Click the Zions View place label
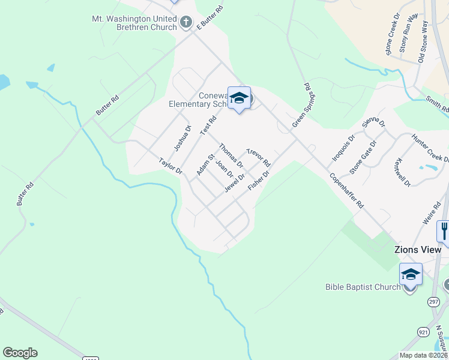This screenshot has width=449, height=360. pos(417,250)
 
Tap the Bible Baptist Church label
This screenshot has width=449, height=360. pos(363,287)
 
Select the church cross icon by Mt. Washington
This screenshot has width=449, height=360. pos(186,23)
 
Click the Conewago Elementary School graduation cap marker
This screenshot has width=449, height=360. pos(239,98)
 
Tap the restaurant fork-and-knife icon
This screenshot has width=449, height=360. pos(444,230)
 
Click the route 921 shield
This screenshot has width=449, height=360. pos(423,332)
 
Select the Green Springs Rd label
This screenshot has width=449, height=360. pos(302,105)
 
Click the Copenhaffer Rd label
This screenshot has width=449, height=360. pos(346,190)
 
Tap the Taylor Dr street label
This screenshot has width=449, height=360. pos(170,166)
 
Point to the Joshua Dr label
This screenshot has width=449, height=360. pos(182,138)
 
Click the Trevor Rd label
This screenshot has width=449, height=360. pos(259,157)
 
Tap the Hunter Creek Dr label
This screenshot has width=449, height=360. pos(430,148)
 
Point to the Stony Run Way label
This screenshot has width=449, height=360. pos(408,36)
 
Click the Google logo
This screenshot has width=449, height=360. pos(20,353)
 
